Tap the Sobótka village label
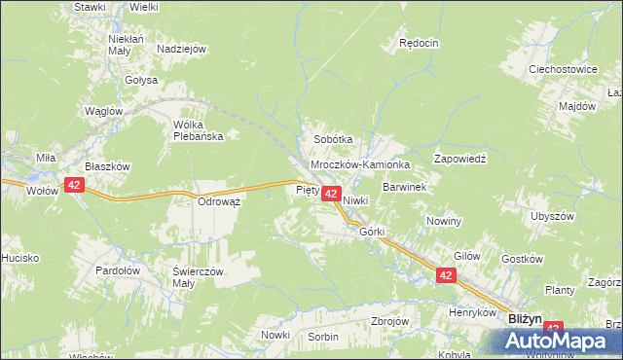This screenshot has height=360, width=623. pos(332,139)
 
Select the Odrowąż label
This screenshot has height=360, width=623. pos(219,200)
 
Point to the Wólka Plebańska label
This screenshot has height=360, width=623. pos(199,130)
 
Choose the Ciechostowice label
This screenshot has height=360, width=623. pos(562,70)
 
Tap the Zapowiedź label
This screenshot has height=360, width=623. pos(458,157)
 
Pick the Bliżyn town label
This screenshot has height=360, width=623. pos(527,318)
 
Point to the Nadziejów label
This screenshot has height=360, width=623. pos(181,48)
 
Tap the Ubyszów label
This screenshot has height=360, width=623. pos(557,215)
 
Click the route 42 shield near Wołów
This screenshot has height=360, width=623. pos(75,184)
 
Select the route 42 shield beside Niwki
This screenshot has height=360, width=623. pos(330,195)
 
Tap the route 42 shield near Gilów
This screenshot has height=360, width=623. pos(446,276)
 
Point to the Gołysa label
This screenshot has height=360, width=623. pos(141,80)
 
